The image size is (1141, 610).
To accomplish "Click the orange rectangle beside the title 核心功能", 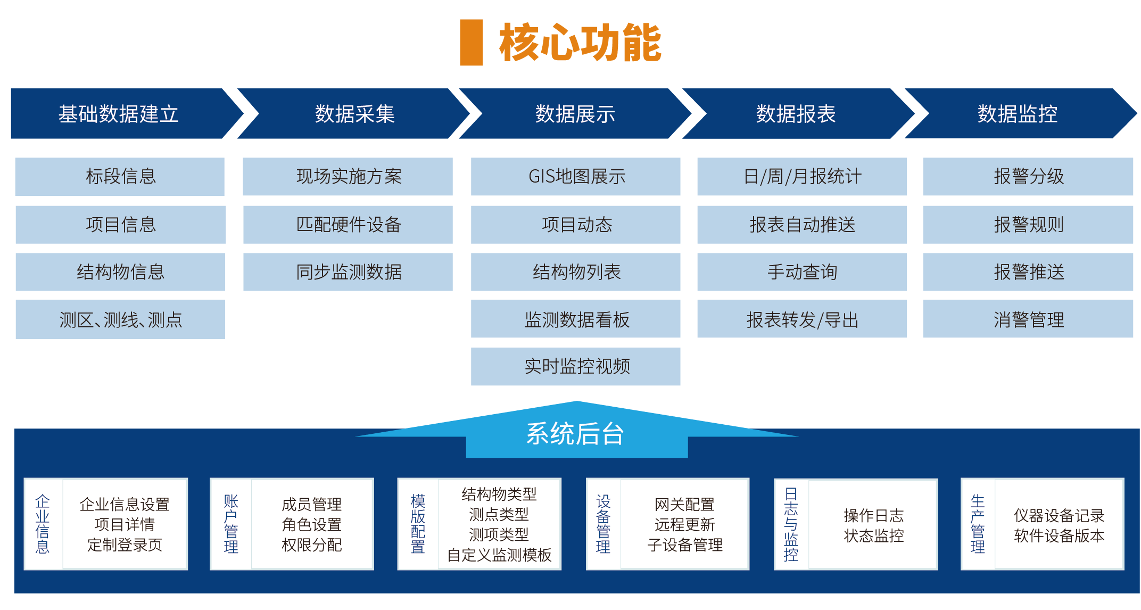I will click(471, 43).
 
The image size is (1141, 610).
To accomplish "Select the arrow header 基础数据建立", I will click(119, 114).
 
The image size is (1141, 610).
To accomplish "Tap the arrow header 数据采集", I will click(354, 114).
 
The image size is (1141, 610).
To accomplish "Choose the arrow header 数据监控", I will click(1017, 114).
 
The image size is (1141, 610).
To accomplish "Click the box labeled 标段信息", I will click(120, 176).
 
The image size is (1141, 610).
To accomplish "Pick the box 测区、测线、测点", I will click(120, 319).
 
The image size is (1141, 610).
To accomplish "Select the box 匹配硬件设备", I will click(348, 225).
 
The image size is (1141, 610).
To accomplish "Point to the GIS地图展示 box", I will click(576, 176).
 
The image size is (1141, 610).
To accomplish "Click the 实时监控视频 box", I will click(576, 366).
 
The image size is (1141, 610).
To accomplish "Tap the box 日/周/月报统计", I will click(801, 176).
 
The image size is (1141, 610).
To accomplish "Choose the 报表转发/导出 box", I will click(801, 319).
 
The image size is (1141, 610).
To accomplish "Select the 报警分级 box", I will click(1028, 176).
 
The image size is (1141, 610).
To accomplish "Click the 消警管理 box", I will click(1028, 319).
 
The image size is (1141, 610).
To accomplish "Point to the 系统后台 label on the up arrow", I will click(575, 434).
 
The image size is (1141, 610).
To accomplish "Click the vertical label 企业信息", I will click(43, 524).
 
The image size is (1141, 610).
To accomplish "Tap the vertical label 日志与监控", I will click(791, 524).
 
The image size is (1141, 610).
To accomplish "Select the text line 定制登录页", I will click(125, 545).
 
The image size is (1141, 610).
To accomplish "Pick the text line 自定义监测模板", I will click(499, 555).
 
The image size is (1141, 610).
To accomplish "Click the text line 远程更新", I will click(684, 524).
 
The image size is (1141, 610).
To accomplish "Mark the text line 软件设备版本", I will click(1059, 535).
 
